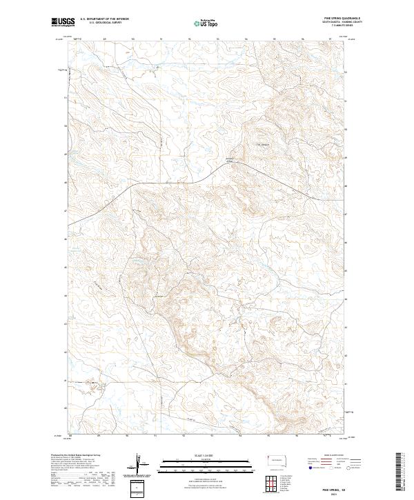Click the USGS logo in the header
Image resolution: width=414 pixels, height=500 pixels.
tap(63, 22)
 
